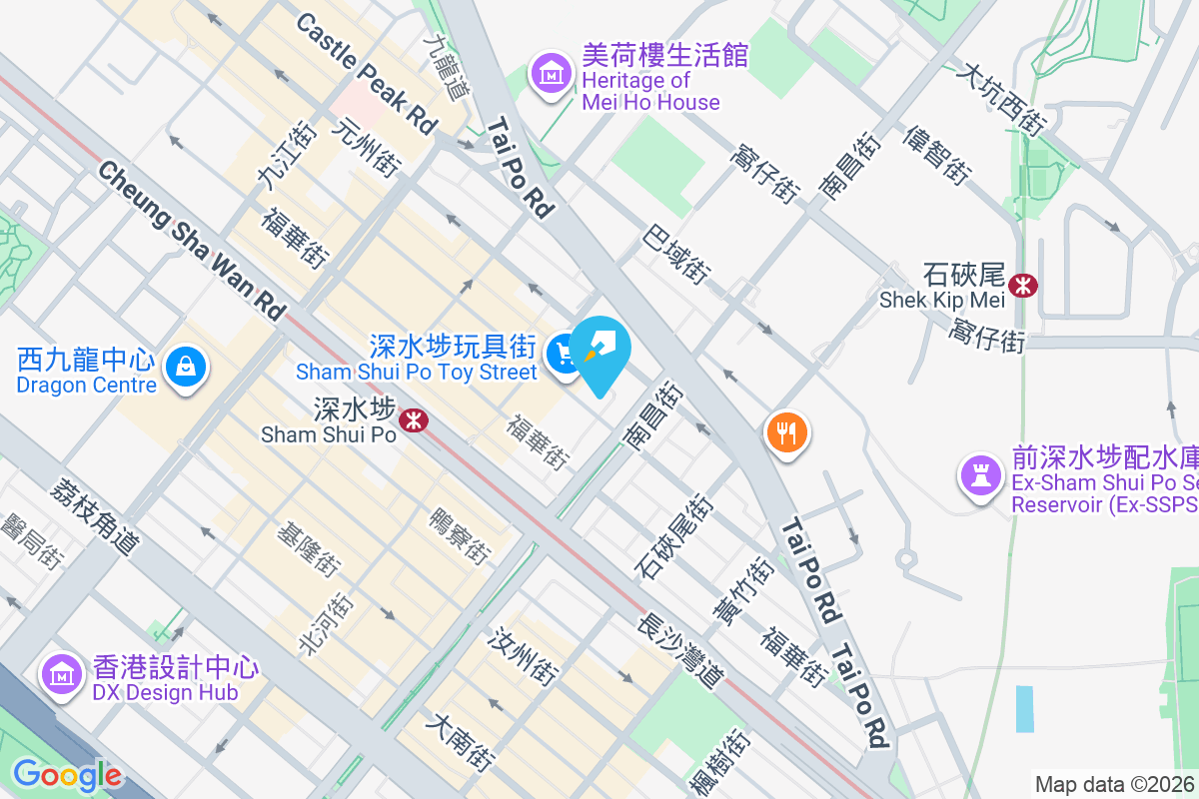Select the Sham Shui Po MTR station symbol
(x=414, y=420)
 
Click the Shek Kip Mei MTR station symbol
(x=1023, y=286)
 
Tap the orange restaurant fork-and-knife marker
(x=786, y=432)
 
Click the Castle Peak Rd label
(x=367, y=75)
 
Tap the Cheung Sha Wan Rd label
(x=191, y=240)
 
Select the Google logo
(x=67, y=775)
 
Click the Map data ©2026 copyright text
(x=1115, y=784)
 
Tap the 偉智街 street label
(x=937, y=155)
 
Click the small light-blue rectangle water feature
(x=1024, y=709)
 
